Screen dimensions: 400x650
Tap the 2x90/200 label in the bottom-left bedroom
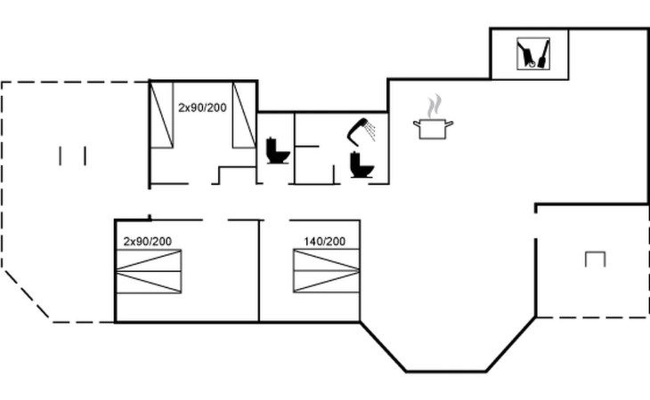[147, 241]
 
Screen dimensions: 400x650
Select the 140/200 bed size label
[325, 241]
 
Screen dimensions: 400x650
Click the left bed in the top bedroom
[161, 115]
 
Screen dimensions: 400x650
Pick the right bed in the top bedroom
[244, 115]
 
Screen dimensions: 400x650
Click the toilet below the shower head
[361, 165]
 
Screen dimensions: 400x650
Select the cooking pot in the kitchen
[433, 128]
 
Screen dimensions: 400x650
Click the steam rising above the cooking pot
[434, 107]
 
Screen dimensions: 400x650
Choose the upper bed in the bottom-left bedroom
[149, 260]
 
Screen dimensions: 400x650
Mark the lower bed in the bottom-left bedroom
[149, 282]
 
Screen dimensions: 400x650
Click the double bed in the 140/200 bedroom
[327, 271]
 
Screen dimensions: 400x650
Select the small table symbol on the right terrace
[595, 259]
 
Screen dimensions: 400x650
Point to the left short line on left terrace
[61, 156]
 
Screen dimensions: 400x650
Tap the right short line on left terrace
[85, 156]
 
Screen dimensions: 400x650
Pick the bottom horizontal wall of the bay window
[445, 371]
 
